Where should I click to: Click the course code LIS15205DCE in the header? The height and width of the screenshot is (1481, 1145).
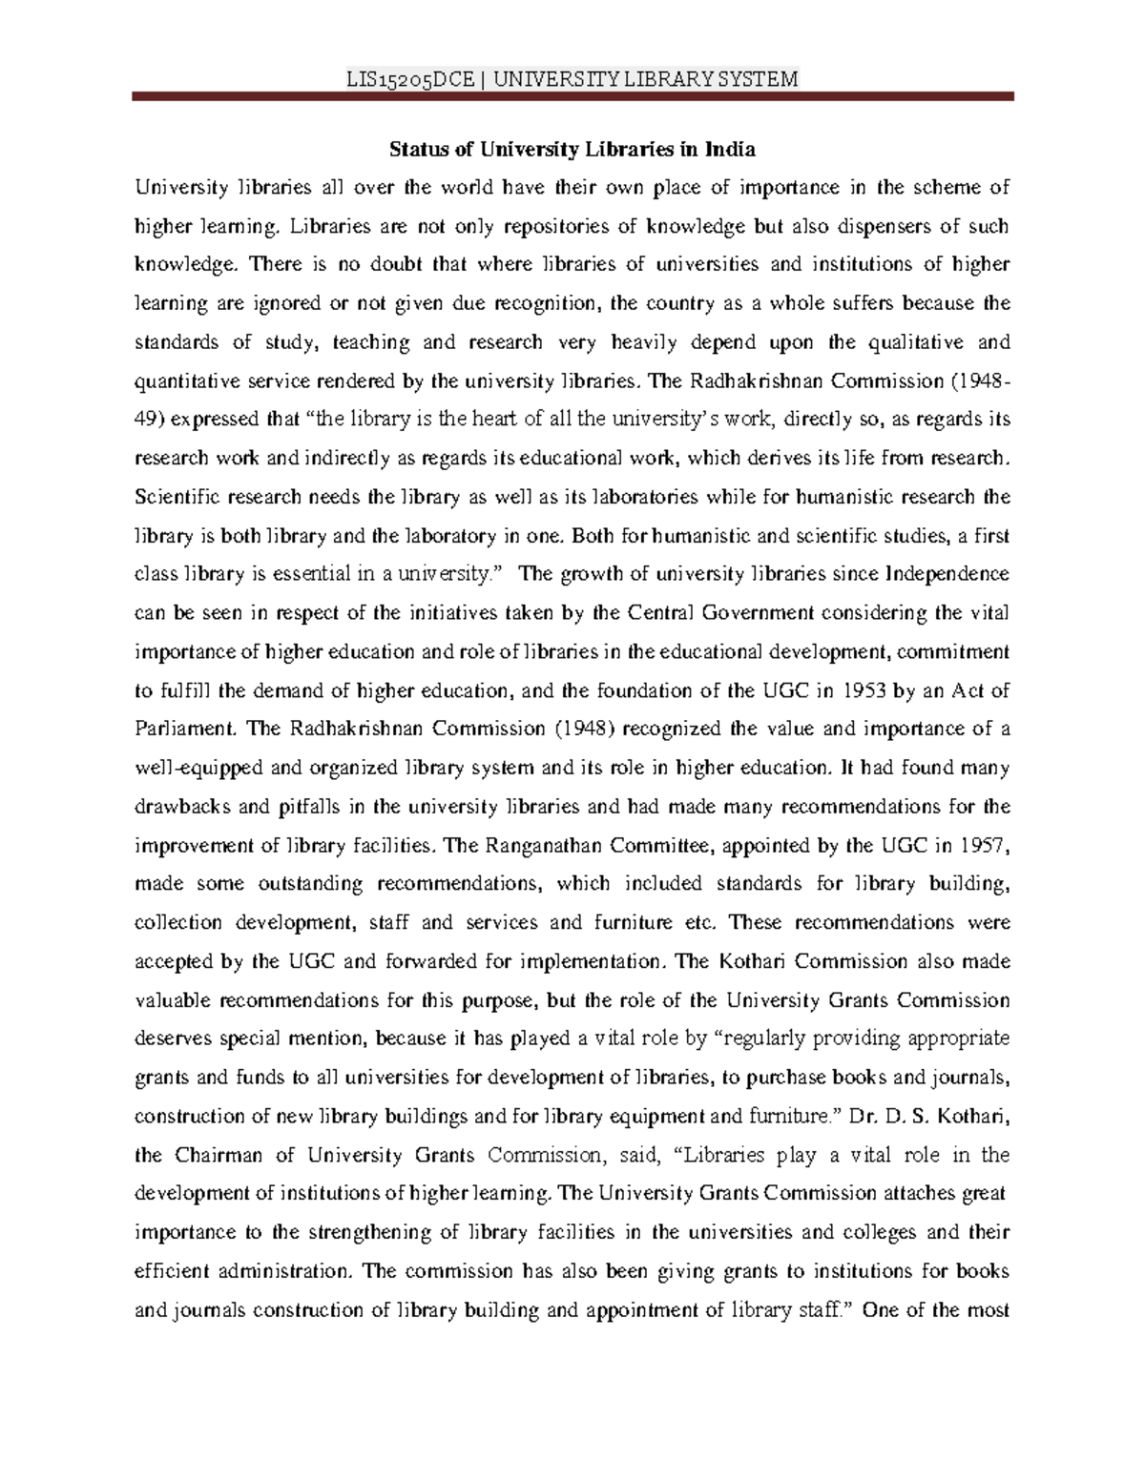(x=410, y=79)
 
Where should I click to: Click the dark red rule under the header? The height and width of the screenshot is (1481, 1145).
(x=572, y=97)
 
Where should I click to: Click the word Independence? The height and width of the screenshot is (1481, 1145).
(x=947, y=574)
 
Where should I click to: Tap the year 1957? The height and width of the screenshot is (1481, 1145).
(x=984, y=845)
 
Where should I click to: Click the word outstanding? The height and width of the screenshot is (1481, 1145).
(x=310, y=884)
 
